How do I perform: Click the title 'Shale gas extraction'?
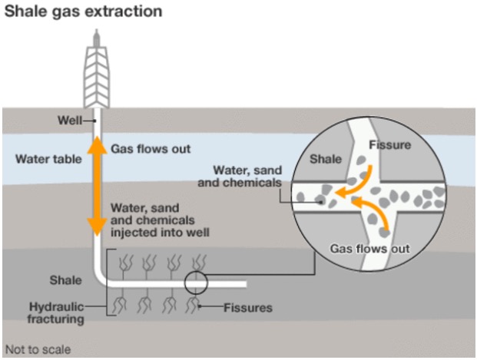tap(84, 12)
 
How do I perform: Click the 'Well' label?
tap(70, 121)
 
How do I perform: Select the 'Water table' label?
tap(48, 159)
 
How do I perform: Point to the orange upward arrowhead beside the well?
tap(97, 145)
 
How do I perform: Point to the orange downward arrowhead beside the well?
tap(97, 227)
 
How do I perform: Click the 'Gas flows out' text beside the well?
tap(151, 149)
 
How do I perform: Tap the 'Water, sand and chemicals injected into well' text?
tap(160, 220)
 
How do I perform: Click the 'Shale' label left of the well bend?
tap(66, 280)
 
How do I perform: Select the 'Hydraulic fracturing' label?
tap(55, 313)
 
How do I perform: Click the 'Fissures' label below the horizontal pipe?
tap(248, 308)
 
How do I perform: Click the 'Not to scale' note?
tap(38, 350)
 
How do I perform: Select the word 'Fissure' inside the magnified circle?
tap(389, 145)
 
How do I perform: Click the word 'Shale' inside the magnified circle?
tap(326, 159)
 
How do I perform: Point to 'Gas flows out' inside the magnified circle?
tap(370, 249)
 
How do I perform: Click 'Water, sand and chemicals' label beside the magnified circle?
tap(240, 177)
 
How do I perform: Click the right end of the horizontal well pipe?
tap(247, 284)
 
